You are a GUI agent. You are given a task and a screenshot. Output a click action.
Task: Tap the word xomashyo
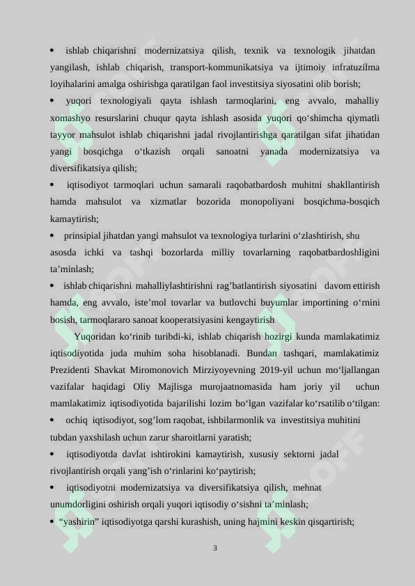point(68,118)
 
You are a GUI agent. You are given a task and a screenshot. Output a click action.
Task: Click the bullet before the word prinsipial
point(52,236)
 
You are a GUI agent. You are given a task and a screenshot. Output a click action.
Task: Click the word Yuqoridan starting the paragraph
point(97,336)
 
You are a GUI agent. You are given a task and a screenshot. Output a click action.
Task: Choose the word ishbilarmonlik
point(221,420)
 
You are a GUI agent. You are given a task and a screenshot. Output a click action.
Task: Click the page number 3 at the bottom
point(215,548)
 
